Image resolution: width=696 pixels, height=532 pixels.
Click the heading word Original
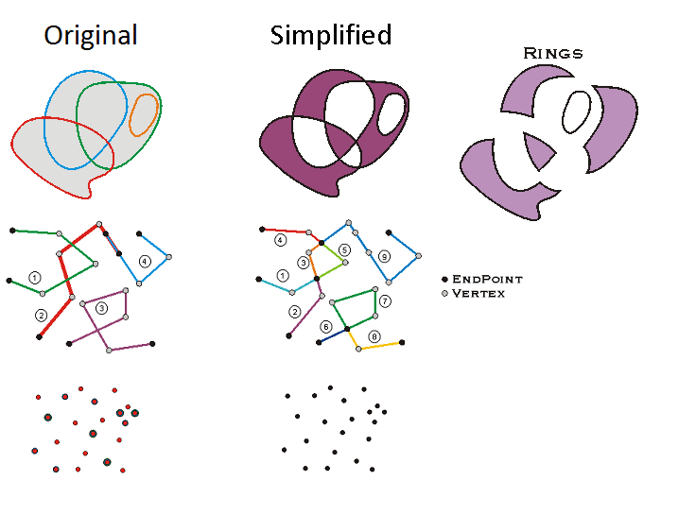click(91, 36)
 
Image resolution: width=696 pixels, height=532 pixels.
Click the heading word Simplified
click(330, 36)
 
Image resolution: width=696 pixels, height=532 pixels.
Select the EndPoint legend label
click(487, 280)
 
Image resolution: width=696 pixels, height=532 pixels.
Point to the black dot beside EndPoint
click(444, 280)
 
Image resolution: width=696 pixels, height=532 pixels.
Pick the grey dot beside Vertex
click(444, 294)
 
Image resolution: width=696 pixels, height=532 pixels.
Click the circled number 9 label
click(384, 256)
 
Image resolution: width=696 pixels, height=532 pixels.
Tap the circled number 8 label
click(374, 336)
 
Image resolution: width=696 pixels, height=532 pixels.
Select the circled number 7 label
click(385, 300)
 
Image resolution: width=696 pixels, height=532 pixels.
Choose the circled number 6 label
click(326, 326)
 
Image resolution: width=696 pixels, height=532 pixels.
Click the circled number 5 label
click(345, 250)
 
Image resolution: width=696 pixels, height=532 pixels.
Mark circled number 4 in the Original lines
click(145, 261)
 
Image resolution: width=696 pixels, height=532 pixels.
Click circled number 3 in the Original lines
click(102, 307)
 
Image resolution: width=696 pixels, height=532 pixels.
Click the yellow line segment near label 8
click(380, 346)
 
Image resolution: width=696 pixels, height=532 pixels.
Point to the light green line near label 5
click(331, 268)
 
